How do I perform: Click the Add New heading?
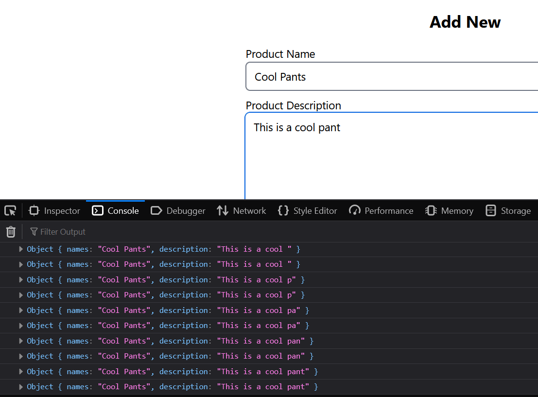coord(465,22)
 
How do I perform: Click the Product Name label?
coord(280,54)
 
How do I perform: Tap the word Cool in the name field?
coord(265,77)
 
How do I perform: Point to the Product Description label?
coord(294,106)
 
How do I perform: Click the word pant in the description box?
coord(329,128)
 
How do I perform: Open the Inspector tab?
coord(54,211)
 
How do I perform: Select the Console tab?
coord(116,211)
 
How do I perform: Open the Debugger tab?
coord(178,211)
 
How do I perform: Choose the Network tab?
coord(242,211)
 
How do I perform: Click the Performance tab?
coord(382,211)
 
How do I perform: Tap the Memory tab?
coord(449,211)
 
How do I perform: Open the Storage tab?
coord(508,211)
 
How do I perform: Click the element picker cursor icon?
coord(10,211)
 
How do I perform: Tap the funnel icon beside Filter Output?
coord(34,232)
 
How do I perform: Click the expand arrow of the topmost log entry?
coord(21,249)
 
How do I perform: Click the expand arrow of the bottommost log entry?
coord(21,387)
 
